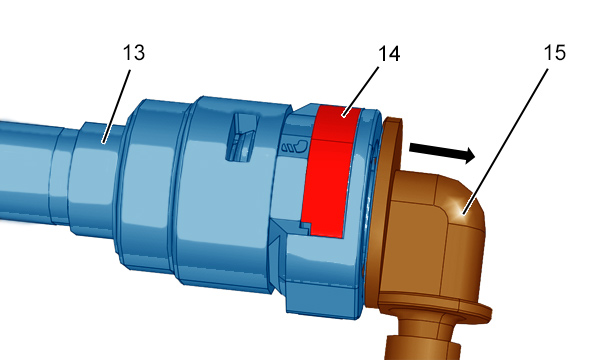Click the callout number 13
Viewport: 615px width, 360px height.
(134, 53)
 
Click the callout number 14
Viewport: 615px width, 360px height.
(389, 53)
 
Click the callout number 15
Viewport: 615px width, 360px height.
(555, 53)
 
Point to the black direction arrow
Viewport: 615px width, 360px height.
(442, 153)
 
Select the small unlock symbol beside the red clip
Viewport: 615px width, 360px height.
(294, 146)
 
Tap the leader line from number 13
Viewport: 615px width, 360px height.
(116, 106)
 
